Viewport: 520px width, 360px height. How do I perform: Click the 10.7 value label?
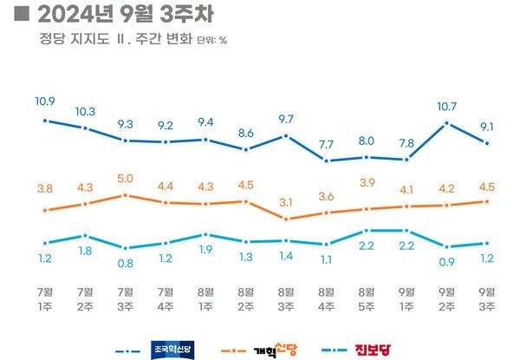click(x=446, y=107)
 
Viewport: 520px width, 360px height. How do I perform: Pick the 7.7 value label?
click(x=326, y=143)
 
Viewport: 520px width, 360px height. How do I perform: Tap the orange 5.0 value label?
click(x=125, y=179)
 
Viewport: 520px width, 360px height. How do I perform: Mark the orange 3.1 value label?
click(x=286, y=202)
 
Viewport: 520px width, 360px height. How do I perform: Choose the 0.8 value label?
click(x=125, y=264)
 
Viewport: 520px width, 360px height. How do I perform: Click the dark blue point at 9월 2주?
click(x=446, y=123)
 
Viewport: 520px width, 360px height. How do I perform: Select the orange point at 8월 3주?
click(x=286, y=219)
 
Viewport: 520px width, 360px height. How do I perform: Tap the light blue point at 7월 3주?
click(x=125, y=248)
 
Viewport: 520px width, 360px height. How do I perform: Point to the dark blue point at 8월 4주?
click(x=326, y=160)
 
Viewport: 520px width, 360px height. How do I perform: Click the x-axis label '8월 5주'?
click(x=366, y=298)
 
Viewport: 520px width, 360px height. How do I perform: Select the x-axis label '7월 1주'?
click(x=44, y=298)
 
